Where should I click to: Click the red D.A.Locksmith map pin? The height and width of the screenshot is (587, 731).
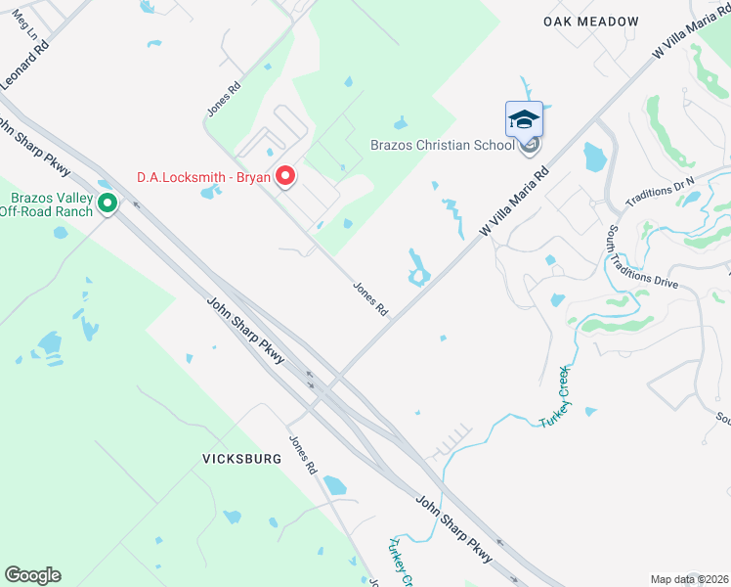coord(285,176)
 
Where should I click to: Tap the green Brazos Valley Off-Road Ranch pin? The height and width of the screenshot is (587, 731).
coord(107,203)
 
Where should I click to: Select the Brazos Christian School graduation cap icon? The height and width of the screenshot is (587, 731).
coord(524,120)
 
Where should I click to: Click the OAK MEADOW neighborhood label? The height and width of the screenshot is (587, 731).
coord(591,22)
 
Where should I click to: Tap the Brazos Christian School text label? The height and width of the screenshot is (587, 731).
coord(442,146)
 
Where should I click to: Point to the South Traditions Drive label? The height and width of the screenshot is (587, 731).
coord(641,256)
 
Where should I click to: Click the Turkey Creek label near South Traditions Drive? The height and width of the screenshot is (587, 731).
coord(554,396)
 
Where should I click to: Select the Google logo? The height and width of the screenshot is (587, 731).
coord(32,575)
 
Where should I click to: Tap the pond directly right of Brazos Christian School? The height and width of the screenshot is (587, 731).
coord(593,156)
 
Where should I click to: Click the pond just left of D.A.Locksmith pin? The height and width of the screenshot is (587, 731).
coord(210,191)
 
